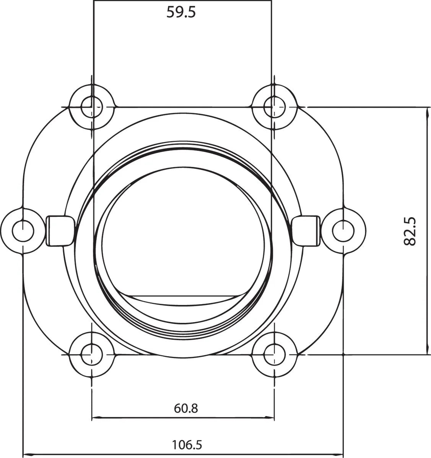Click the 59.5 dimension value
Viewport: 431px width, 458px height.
[x=181, y=12]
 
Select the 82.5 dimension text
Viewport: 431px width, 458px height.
[x=410, y=231]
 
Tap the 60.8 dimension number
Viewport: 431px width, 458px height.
[x=186, y=408]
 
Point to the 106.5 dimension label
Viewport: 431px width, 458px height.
[x=187, y=444]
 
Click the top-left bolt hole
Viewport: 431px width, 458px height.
[x=92, y=106]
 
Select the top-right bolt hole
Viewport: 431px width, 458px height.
[x=275, y=106]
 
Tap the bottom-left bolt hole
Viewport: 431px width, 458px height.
[x=92, y=353]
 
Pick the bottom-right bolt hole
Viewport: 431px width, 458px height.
[x=275, y=353]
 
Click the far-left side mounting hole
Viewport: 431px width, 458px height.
[x=23, y=230]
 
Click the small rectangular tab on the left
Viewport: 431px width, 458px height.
[x=59, y=231]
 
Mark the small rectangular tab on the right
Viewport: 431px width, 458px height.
[x=307, y=231]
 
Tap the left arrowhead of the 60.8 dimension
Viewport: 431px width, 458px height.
[x=96, y=417]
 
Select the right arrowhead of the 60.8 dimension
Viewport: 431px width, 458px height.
[x=270, y=417]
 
